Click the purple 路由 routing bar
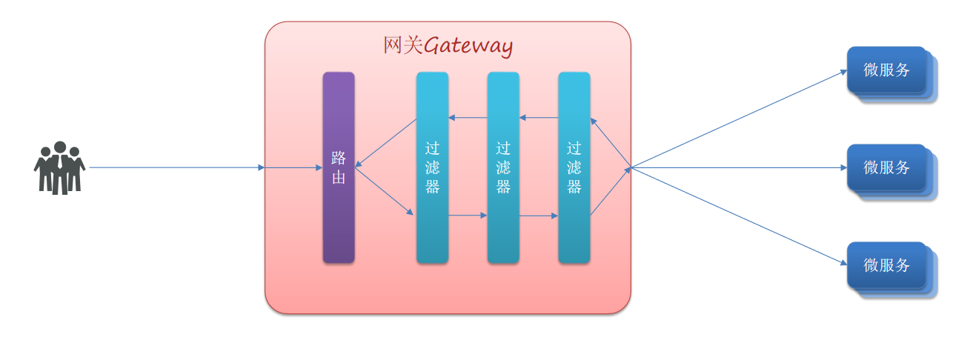coord(339,222)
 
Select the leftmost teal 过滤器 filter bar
coord(432,222)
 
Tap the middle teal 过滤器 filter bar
coord(503,222)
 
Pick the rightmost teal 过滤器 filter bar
coord(574,222)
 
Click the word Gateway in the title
coord(468,46)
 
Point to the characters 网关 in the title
coord(402,45)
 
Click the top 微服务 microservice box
coord(887,70)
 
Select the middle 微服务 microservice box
coord(887,167)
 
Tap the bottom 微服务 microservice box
coord(887,265)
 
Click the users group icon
coord(59,168)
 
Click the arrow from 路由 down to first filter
coord(384,191)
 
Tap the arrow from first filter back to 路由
coord(386,142)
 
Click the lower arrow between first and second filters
coord(468,216)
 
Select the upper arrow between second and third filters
coord(539,118)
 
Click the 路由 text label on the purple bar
coord(339,167)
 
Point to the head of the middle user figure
coord(60,147)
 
